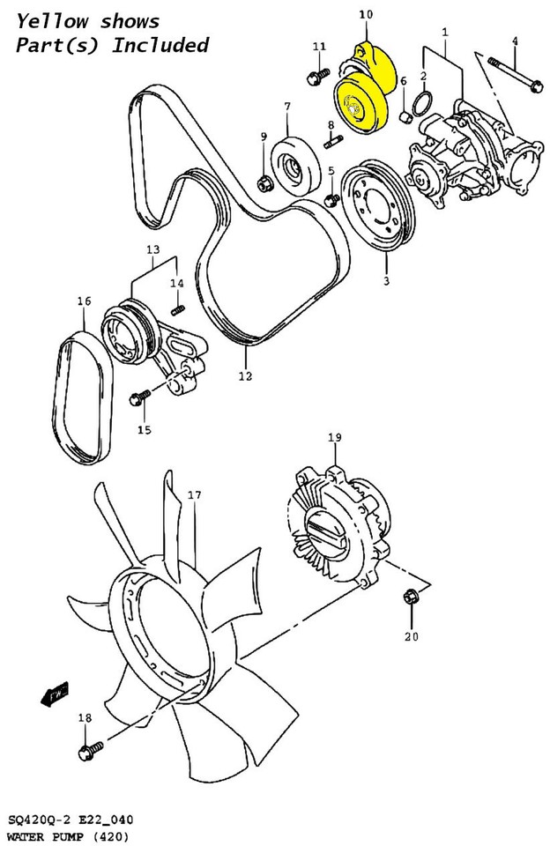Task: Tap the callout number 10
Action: pos(366,14)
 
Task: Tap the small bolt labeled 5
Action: pos(331,202)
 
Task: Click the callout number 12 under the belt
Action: pos(245,375)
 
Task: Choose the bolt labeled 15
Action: pos(137,399)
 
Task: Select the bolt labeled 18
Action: pos(85,752)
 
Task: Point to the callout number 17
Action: pos(194,495)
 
